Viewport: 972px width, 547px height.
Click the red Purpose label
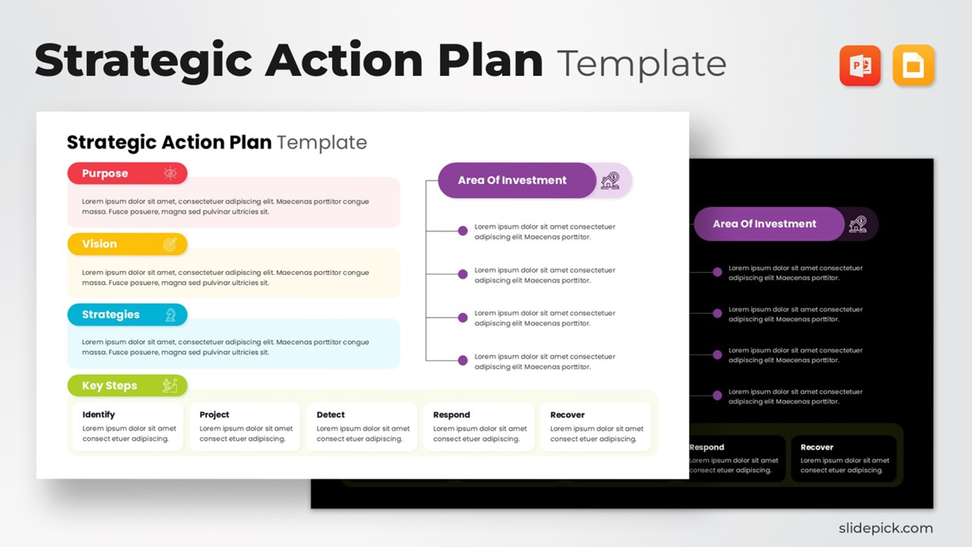point(106,173)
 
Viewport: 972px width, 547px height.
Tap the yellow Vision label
point(99,244)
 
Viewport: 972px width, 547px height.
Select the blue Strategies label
point(111,315)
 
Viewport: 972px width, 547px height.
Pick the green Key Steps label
point(109,386)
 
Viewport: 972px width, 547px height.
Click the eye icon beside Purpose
point(170,173)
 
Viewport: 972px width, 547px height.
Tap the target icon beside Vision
point(170,244)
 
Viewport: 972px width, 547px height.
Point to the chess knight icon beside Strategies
point(170,315)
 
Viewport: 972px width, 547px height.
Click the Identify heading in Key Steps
point(99,415)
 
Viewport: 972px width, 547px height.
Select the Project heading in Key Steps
point(214,415)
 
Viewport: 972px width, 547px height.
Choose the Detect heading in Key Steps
point(330,415)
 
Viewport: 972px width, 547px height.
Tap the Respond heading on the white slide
point(451,415)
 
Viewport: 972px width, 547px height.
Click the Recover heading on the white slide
point(567,415)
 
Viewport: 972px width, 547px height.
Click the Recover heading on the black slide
point(817,447)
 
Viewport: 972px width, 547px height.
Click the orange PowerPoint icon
point(860,66)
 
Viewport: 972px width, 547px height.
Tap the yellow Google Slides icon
point(914,66)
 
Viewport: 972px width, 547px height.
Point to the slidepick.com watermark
point(885,528)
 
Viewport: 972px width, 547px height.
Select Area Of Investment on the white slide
point(512,180)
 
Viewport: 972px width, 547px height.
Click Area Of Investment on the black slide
point(765,224)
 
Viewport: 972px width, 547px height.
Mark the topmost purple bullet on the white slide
point(462,231)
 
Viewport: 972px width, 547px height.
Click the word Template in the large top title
point(642,63)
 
